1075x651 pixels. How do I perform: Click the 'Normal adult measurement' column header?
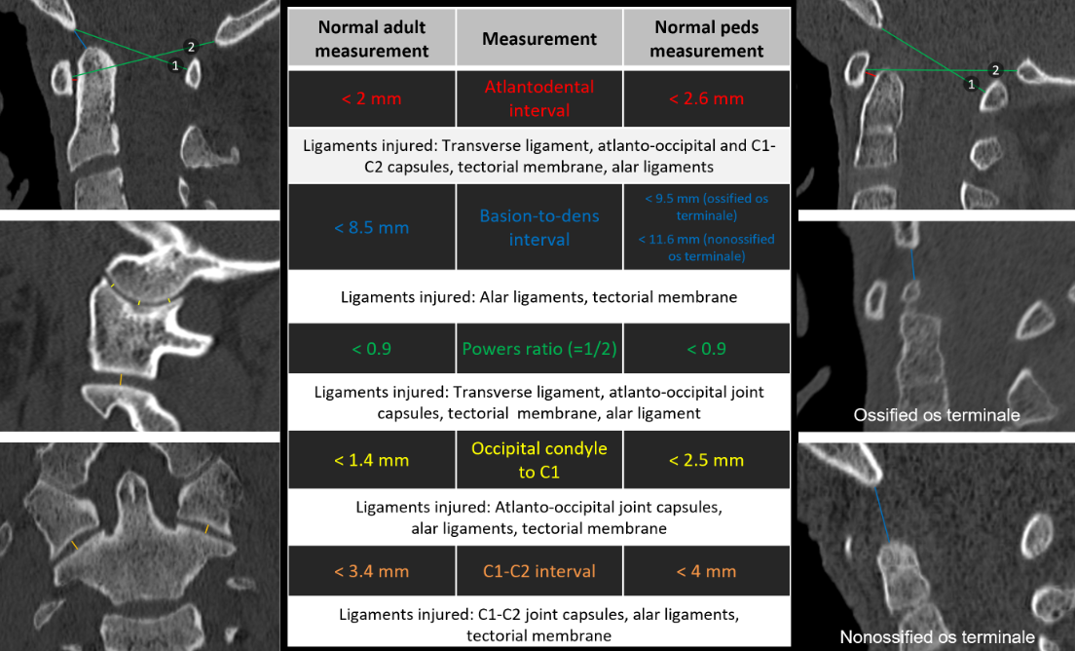click(371, 39)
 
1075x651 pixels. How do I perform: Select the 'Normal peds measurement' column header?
click(707, 39)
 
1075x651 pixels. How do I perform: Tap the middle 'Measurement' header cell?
click(539, 39)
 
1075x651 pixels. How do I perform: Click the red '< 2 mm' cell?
click(371, 98)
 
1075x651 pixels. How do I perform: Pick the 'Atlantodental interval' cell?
click(539, 98)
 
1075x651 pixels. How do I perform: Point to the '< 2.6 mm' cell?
click(707, 98)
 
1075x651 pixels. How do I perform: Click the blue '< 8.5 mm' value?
click(371, 227)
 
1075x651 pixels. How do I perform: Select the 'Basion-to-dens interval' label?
click(539, 227)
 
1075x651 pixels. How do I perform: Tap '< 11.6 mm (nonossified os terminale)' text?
click(707, 248)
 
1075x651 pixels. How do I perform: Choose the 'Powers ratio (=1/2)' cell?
click(539, 348)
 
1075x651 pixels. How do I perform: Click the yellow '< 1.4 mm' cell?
click(371, 460)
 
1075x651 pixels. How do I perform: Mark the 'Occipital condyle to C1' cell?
click(539, 460)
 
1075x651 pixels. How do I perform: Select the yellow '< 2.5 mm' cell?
click(707, 460)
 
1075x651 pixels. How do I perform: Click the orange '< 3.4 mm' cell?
click(371, 571)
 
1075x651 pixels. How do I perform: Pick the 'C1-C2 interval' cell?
click(539, 571)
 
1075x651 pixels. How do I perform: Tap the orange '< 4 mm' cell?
click(707, 571)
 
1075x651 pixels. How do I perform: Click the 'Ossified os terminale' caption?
click(936, 415)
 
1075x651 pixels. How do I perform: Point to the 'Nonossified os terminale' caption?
click(937, 636)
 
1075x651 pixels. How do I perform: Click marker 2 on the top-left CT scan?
click(191, 47)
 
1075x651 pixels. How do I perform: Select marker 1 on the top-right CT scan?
click(970, 85)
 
